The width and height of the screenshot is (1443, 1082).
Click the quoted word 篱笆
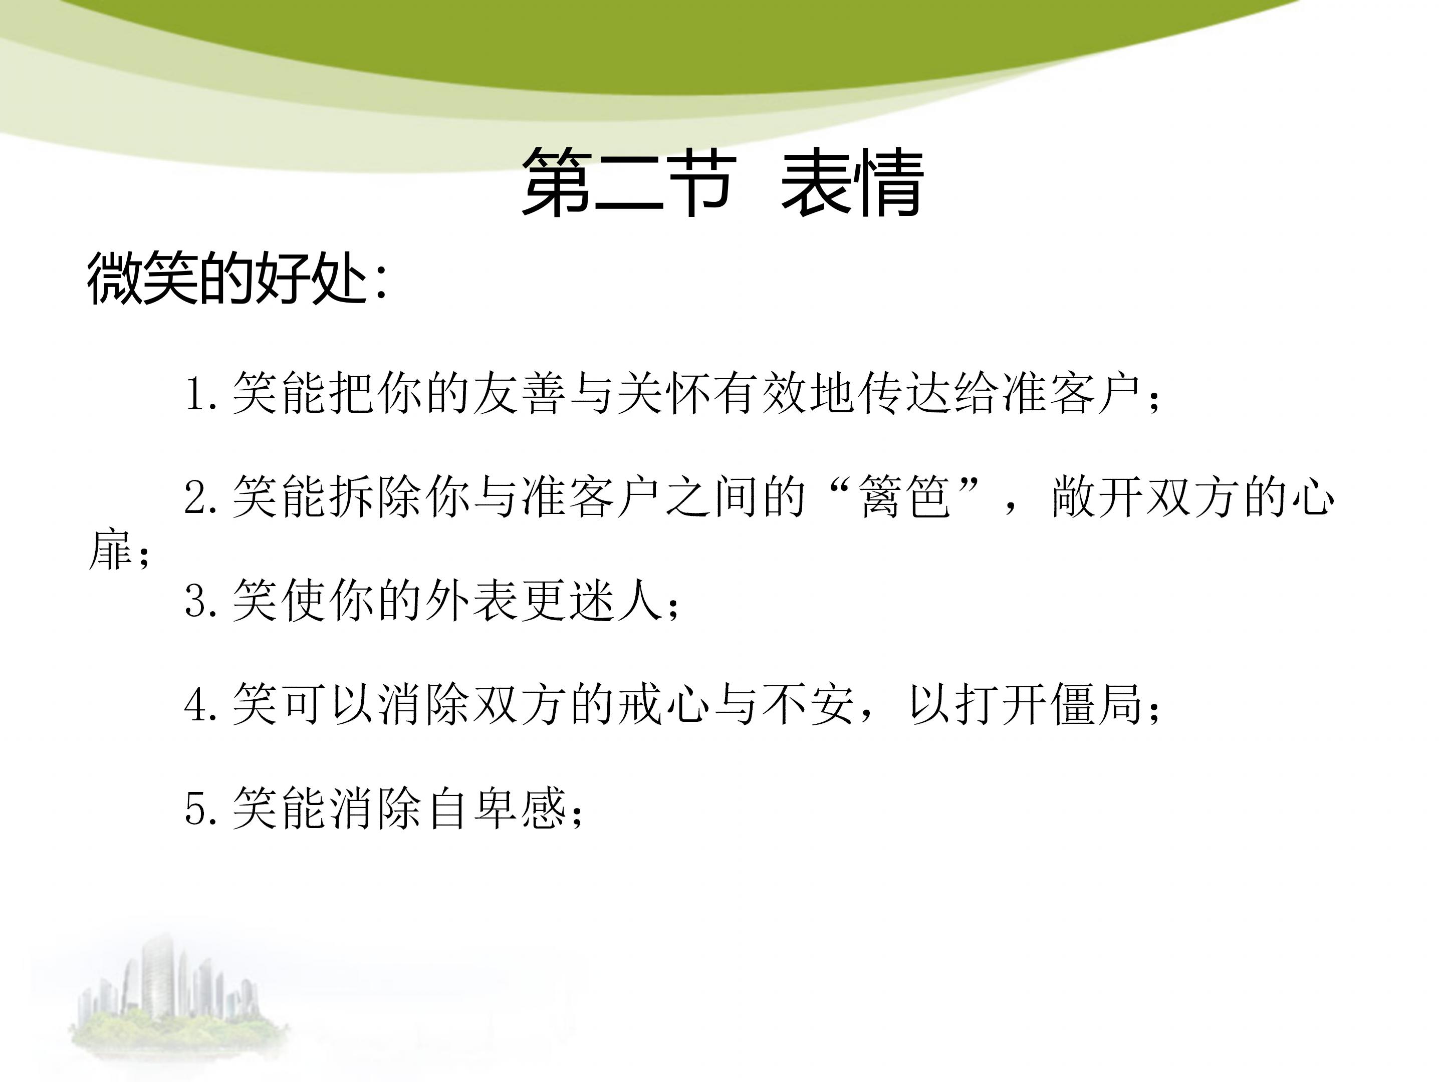pyautogui.click(x=905, y=497)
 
